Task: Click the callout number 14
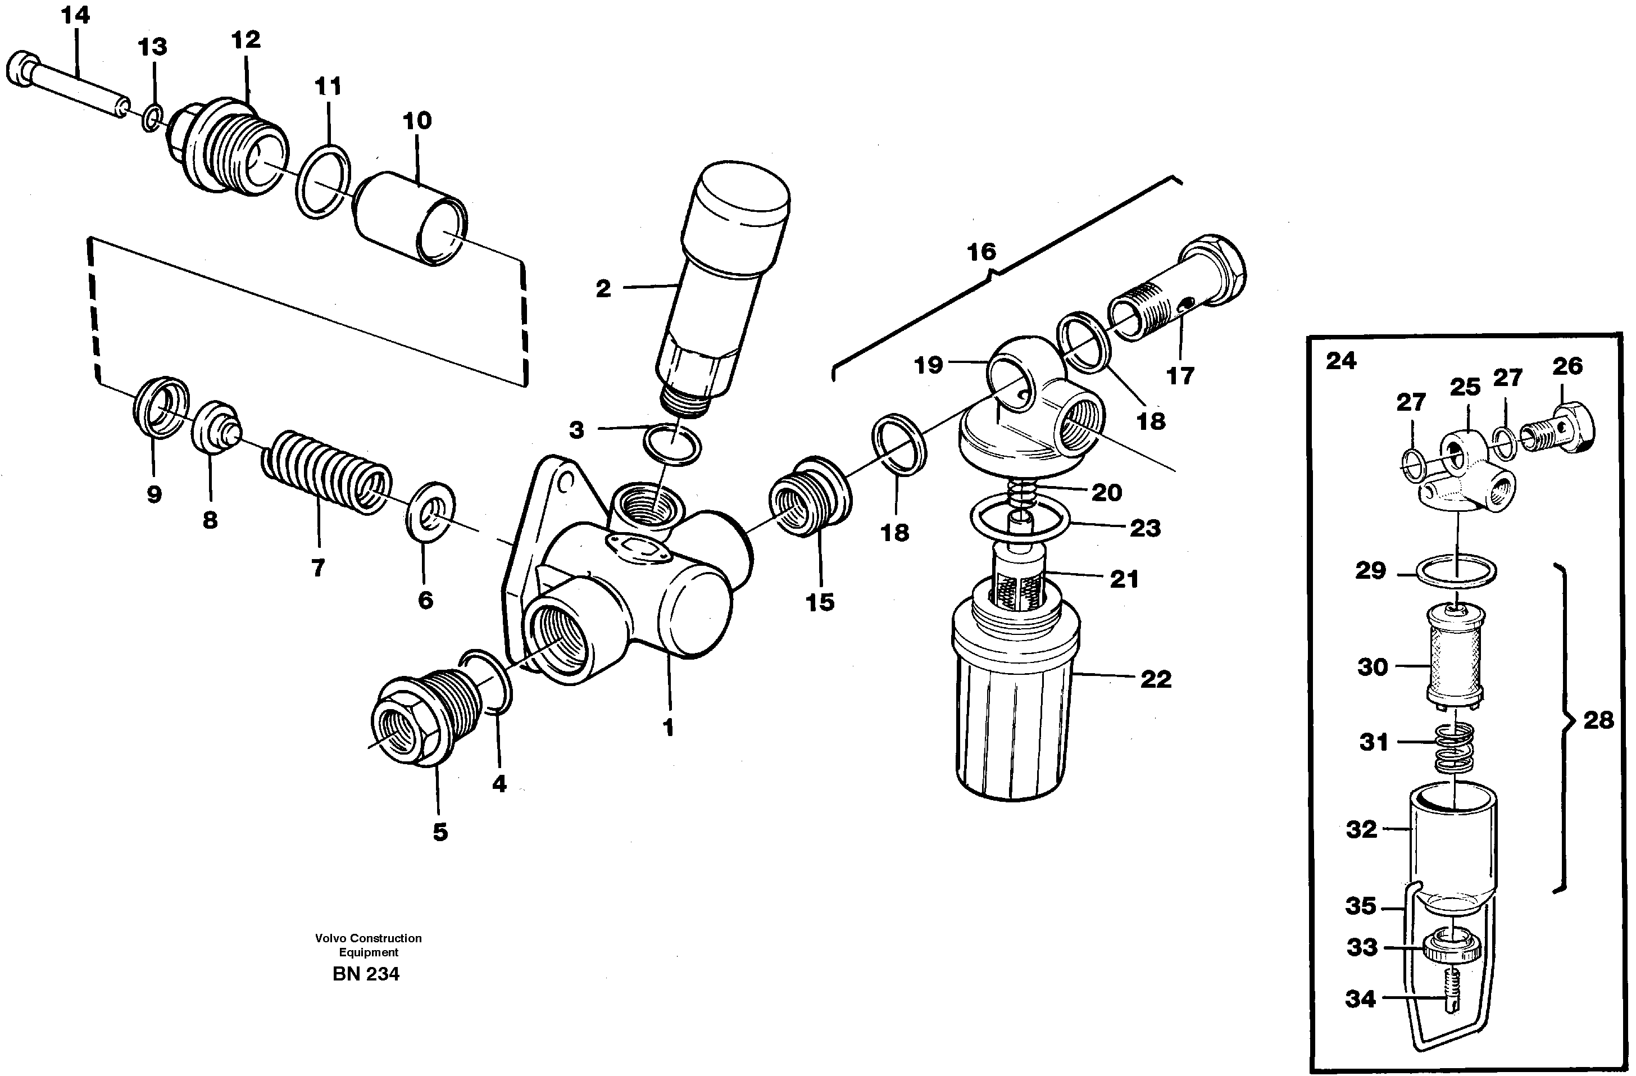click(x=76, y=15)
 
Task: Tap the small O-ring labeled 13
click(x=153, y=118)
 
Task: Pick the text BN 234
click(x=365, y=974)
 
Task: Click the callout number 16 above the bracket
click(x=981, y=252)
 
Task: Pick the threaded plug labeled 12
click(x=230, y=148)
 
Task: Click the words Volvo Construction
click(x=368, y=938)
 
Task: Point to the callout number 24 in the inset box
click(x=1340, y=361)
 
